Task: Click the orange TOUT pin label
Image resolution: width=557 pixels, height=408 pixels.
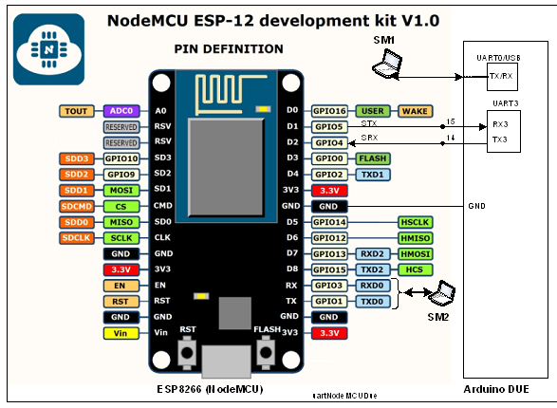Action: pyautogui.click(x=75, y=111)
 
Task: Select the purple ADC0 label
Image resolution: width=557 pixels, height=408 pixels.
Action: pyautogui.click(x=121, y=111)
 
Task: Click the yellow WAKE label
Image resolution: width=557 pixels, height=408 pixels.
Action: pyautogui.click(x=415, y=111)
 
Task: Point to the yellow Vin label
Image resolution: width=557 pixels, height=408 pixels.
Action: pyautogui.click(x=121, y=333)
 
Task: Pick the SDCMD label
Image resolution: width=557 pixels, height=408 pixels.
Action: pyautogui.click(x=75, y=206)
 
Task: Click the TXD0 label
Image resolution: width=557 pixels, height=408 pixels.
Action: pyautogui.click(x=373, y=301)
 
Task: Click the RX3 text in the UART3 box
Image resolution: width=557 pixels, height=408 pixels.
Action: pyautogui.click(x=499, y=123)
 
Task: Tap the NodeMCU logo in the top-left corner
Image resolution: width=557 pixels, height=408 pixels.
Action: pyautogui.click(x=46, y=46)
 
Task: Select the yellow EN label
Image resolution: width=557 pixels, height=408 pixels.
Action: pyautogui.click(x=121, y=286)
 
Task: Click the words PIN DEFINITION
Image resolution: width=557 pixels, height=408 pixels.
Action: pyautogui.click(x=229, y=48)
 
